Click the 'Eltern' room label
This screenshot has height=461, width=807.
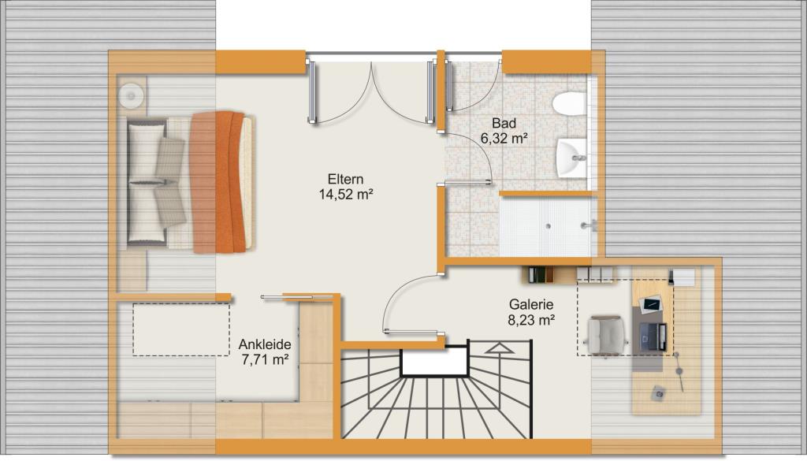pyautogui.click(x=345, y=180)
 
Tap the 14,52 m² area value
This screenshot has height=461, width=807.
pyautogui.click(x=345, y=195)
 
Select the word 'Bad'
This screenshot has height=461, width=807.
pyautogui.click(x=504, y=124)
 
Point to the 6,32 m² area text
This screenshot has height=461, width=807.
pyautogui.click(x=504, y=138)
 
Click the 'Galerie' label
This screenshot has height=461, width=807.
pyautogui.click(x=531, y=305)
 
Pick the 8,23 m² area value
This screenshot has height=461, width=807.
pyautogui.click(x=531, y=320)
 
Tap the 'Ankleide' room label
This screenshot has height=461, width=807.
pyautogui.click(x=265, y=344)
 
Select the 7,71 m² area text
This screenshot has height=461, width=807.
pyautogui.click(x=265, y=359)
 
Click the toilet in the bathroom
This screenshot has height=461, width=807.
pyautogui.click(x=571, y=103)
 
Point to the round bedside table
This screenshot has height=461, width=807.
pyautogui.click(x=132, y=95)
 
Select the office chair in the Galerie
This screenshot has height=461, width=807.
pyautogui.click(x=607, y=335)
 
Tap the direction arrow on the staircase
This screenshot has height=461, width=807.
pyautogui.click(x=499, y=349)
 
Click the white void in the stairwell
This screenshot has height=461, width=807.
pyautogui.click(x=434, y=362)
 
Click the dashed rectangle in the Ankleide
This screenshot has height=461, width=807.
pyautogui.click(x=181, y=330)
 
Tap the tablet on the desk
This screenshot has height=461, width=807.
pyautogui.click(x=651, y=304)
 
